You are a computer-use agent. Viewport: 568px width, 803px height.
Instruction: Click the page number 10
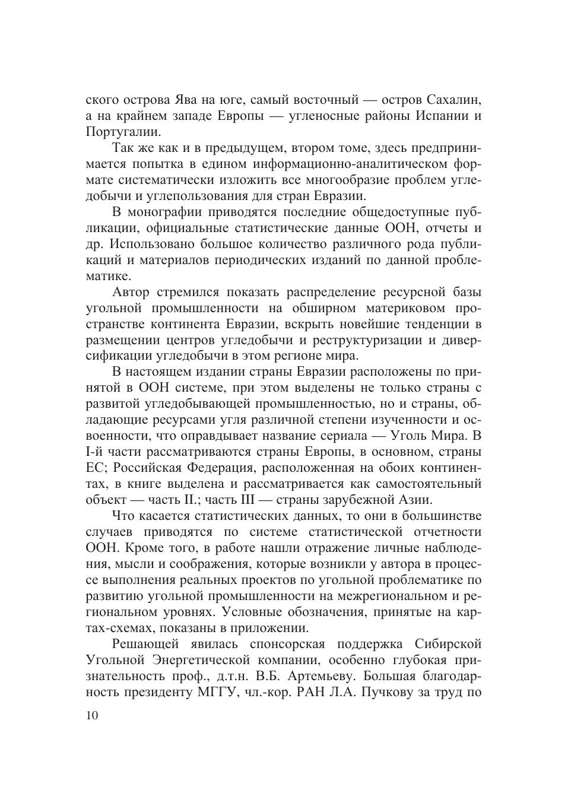[92, 715]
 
